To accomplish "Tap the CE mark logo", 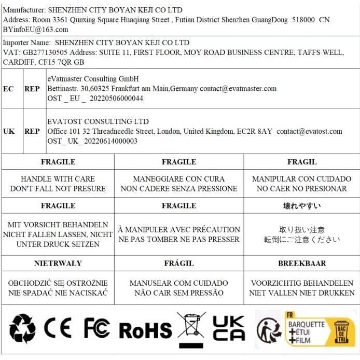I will tap(57, 329).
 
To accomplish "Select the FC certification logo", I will tap(97, 329).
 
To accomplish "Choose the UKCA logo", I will tap(229, 329).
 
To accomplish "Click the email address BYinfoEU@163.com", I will tap(35, 30).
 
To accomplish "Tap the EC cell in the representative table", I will tap(8, 89).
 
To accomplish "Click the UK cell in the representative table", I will tap(9, 131).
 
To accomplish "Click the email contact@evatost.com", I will tap(309, 131).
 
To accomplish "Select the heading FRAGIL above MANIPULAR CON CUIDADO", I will tap(301, 162).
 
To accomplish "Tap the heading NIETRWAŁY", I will tap(58, 263).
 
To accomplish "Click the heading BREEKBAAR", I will tap(301, 263).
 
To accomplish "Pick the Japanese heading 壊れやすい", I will tap(301, 206).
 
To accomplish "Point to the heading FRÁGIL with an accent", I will tap(178, 263).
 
